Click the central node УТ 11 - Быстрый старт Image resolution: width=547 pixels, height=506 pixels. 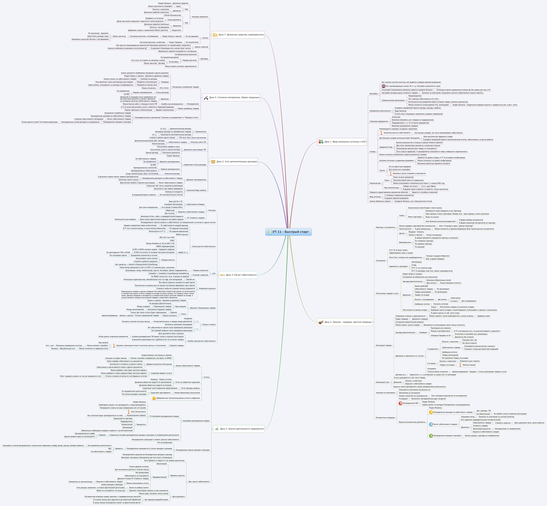tap(290, 232)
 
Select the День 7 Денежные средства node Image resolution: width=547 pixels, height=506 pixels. tap(241, 35)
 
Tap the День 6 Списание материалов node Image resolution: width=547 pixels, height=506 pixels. tap(234, 97)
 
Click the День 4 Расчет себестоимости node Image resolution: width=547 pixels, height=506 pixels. tap(241, 275)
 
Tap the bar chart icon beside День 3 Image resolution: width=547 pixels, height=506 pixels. tap(216, 429)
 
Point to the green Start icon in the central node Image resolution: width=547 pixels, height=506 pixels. tap(270, 232)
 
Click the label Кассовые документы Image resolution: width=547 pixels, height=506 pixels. tap(200, 17)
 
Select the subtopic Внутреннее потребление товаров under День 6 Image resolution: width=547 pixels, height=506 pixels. tap(186, 87)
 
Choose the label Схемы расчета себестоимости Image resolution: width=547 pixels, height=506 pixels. tap(204, 246)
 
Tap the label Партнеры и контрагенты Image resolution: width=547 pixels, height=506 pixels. tap(385, 227)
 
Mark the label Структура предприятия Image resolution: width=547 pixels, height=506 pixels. tap(379, 121)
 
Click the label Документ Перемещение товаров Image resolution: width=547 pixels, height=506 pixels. tap(203, 308)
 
